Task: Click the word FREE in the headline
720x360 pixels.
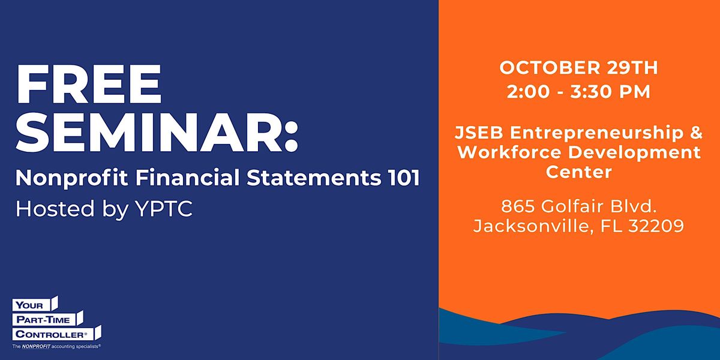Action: point(89,84)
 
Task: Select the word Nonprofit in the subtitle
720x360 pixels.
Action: point(71,178)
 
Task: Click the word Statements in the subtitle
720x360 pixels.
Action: point(314,178)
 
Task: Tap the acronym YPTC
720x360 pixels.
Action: point(164,209)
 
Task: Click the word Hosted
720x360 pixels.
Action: point(55,208)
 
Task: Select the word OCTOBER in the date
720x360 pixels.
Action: point(550,68)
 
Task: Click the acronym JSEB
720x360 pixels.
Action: point(479,133)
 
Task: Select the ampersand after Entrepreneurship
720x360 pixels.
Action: point(696,133)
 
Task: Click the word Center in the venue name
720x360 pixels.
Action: point(578,172)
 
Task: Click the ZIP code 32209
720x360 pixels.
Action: point(656,226)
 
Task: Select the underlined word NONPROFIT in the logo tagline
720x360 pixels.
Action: point(36,347)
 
